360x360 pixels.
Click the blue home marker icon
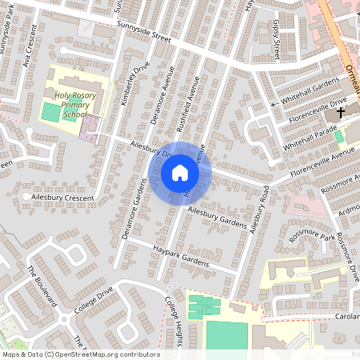[x=180, y=172]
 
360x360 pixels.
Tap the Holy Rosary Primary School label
[x=71, y=106]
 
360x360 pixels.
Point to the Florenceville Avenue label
[x=322, y=162]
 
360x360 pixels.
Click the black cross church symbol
[x=340, y=114]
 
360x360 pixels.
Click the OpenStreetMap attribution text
[x=80, y=354]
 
